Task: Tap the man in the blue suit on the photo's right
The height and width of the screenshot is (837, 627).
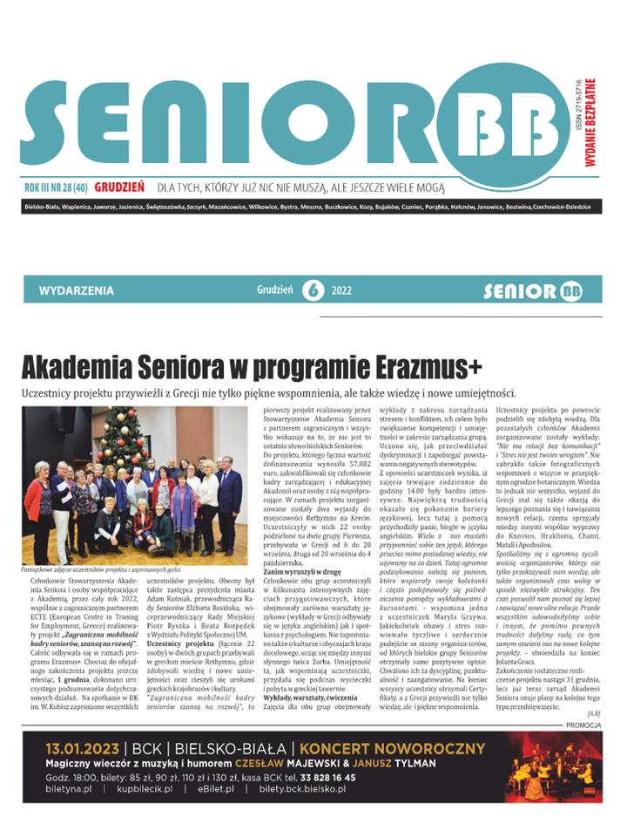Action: (x=230, y=501)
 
